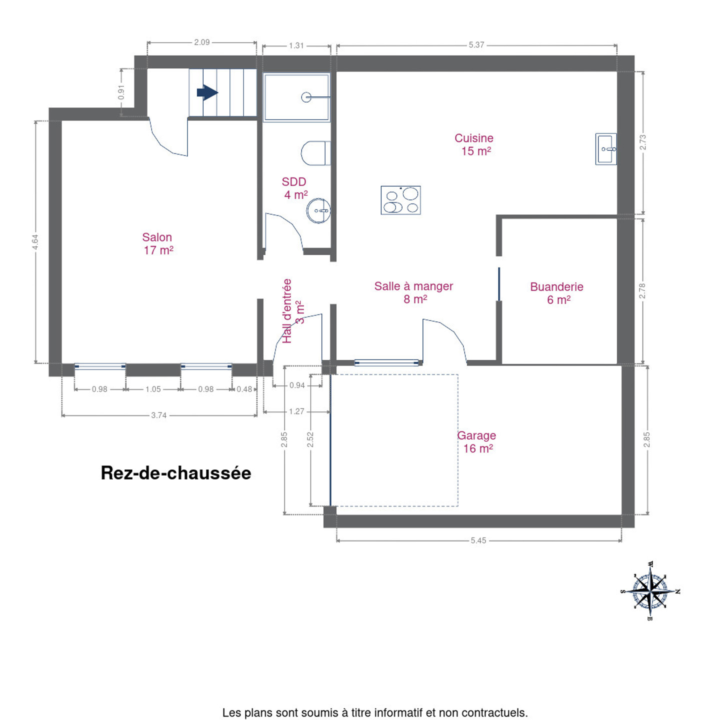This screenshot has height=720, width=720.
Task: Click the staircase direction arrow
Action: (x=207, y=92)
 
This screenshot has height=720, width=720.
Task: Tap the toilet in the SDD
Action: (x=315, y=153)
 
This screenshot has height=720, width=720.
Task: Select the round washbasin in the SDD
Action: (x=318, y=210)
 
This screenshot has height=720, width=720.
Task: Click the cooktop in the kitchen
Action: (x=400, y=200)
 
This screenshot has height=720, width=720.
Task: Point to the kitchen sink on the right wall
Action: (x=605, y=149)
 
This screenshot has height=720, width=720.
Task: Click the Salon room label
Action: (x=157, y=243)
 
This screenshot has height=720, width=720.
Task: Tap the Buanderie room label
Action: (x=556, y=293)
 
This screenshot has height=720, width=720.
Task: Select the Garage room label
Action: (x=477, y=441)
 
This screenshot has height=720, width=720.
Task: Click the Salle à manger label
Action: (x=413, y=292)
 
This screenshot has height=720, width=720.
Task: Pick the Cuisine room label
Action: (x=474, y=144)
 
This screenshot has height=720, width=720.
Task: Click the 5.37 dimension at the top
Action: (x=476, y=45)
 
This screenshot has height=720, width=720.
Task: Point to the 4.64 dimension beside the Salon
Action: (x=35, y=241)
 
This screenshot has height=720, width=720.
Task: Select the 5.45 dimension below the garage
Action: (x=478, y=540)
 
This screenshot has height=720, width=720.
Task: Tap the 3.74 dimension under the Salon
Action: (x=159, y=415)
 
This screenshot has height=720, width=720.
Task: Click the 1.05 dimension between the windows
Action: (x=153, y=389)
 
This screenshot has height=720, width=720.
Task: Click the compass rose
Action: (x=650, y=590)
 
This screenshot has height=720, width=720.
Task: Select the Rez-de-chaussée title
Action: (x=176, y=473)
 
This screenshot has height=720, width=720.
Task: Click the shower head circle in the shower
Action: (x=306, y=97)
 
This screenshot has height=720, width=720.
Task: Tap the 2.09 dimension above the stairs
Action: (x=202, y=42)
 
